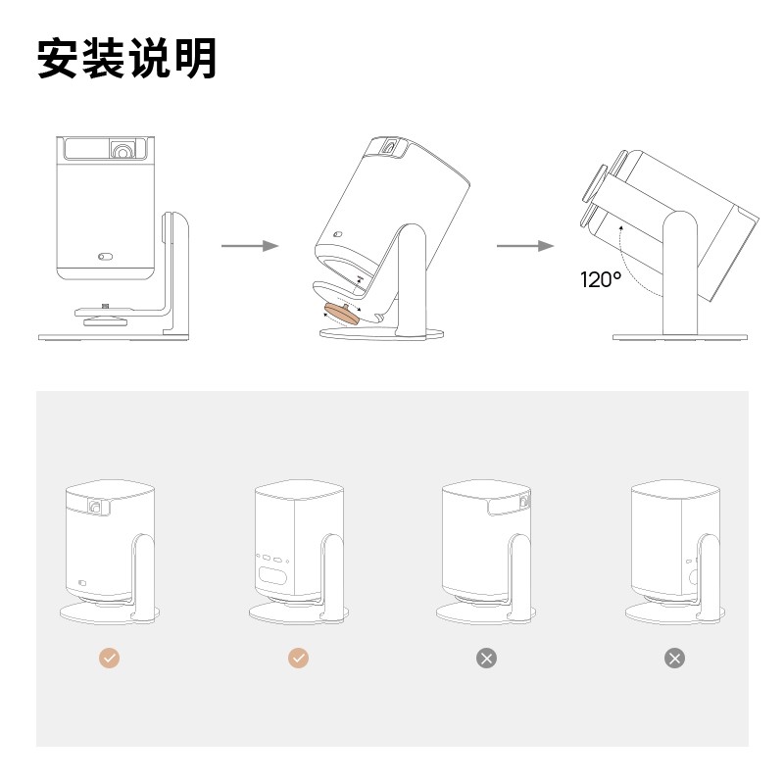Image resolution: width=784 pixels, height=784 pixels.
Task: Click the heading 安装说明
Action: [126, 59]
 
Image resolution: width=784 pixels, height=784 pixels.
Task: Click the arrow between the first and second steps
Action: [250, 245]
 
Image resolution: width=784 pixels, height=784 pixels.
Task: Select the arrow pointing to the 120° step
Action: [525, 245]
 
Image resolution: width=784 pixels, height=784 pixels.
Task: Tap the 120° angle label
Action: [600, 280]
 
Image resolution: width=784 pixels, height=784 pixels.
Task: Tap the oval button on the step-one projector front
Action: [105, 257]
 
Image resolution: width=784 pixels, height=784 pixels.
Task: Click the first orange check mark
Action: [109, 659]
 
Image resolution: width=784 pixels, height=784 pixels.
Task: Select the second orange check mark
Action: [299, 659]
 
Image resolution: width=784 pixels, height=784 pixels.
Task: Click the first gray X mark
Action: [486, 659]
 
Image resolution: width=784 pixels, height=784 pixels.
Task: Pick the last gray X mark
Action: [674, 659]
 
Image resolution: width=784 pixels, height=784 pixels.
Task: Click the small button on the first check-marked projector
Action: [83, 585]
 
